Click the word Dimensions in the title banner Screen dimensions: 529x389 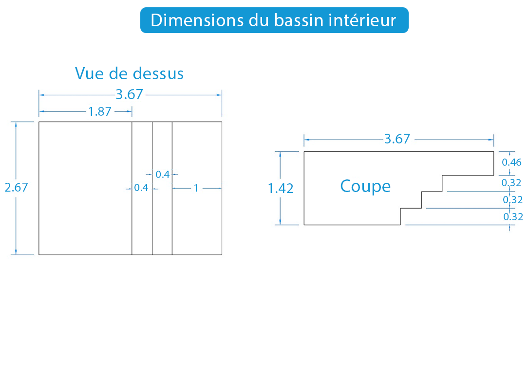[x=197, y=20]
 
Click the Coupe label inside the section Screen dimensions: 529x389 [x=365, y=187]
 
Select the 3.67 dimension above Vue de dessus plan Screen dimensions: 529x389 [x=130, y=94]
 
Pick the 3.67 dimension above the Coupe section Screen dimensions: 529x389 [x=397, y=139]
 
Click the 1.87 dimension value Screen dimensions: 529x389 [x=100, y=111]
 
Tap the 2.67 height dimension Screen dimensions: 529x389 [x=16, y=187]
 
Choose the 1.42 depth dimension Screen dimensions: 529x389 [x=281, y=188]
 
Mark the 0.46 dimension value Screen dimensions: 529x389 [x=512, y=162]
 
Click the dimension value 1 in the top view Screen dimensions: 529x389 [x=196, y=188]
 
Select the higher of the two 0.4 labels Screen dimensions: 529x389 [x=163, y=175]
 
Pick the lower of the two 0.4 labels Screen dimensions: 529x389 [x=141, y=188]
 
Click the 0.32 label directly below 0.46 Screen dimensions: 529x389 [x=511, y=183]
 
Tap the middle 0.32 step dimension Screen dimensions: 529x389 [x=513, y=200]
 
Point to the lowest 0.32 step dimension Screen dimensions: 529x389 [x=513, y=216]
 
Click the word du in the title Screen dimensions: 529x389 [x=259, y=20]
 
